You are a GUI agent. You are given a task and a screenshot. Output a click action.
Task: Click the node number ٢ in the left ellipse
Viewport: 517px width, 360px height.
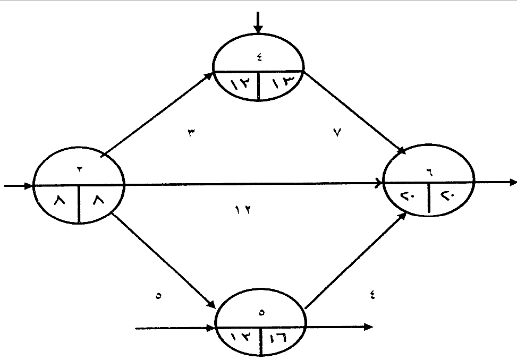coord(79,168)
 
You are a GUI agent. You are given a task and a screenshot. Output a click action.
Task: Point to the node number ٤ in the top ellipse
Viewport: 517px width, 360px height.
coord(259,58)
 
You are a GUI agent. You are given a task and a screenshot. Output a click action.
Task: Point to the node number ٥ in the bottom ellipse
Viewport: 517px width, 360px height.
coord(261,313)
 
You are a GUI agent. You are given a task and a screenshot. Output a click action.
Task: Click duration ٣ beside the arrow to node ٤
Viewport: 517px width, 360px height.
coord(190,133)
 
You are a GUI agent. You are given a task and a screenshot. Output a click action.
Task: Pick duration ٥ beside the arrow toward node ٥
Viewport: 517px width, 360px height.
coord(158,296)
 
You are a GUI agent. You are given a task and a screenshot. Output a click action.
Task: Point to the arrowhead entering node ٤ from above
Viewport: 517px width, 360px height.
coord(258,30)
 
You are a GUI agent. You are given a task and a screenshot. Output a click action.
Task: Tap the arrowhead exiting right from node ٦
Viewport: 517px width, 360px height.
coord(513,183)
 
